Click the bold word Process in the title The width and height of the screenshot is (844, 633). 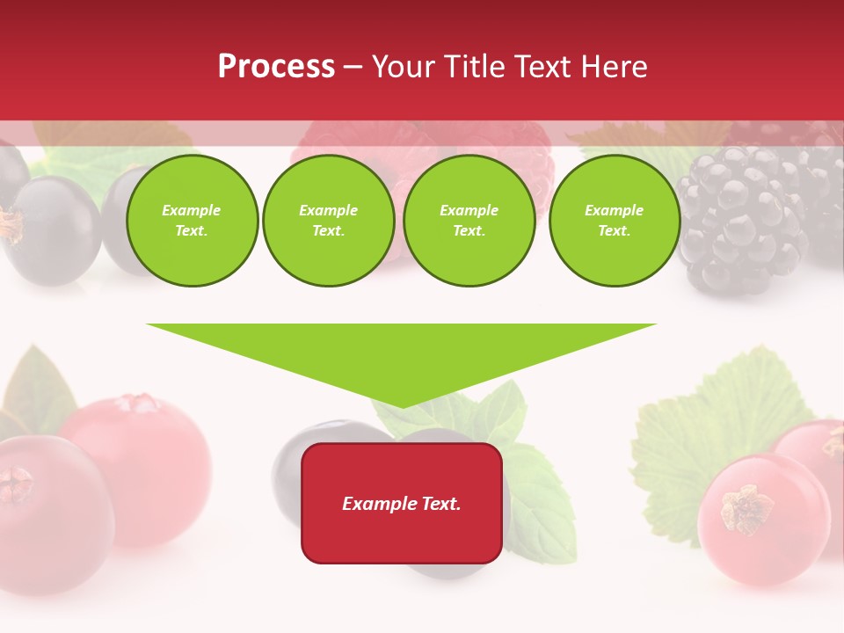coord(276,67)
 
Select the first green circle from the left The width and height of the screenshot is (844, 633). coord(192,221)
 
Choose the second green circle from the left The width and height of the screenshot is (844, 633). coord(329,221)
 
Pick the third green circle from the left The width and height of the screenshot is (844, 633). coord(469,221)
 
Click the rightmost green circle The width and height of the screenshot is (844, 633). coord(614,221)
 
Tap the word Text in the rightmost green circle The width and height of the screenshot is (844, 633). coord(614,231)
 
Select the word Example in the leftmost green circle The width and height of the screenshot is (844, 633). coord(192,210)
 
